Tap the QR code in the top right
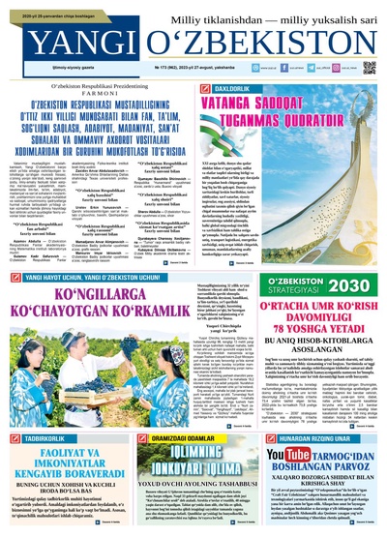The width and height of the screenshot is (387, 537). click(369, 69)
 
